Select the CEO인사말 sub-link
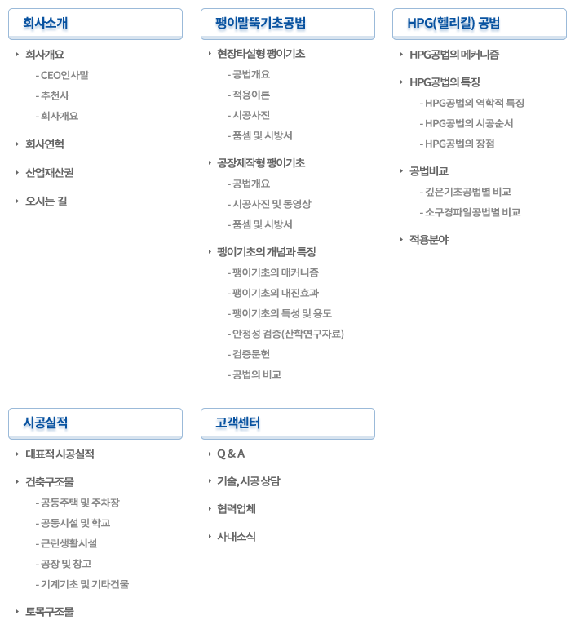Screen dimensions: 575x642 pyautogui.click(x=64, y=75)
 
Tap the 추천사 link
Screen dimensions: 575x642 pyautogui.click(x=55, y=95)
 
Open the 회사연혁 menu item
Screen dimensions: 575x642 pyautogui.click(x=45, y=144)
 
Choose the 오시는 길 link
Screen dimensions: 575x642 pyautogui.click(x=46, y=201)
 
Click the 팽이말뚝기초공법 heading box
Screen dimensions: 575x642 pyautogui.click(x=288, y=24)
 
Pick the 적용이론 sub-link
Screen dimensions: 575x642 pyautogui.click(x=251, y=95)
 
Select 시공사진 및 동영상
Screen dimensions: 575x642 pyautogui.click(x=272, y=204)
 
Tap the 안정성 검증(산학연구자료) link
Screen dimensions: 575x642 pyautogui.click(x=288, y=334)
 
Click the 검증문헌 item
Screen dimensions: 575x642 pyautogui.click(x=251, y=354)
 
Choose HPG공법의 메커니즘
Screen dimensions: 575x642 pyautogui.click(x=454, y=55)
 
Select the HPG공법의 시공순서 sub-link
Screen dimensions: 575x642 pyautogui.click(x=469, y=123)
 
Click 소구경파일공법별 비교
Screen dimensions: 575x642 pyautogui.click(x=473, y=212)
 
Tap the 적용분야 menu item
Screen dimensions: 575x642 pyautogui.click(x=429, y=240)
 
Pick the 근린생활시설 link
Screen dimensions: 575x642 pyautogui.click(x=69, y=543)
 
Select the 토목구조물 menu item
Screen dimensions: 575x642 pyautogui.click(x=50, y=612)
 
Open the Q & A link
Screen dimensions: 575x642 pyautogui.click(x=231, y=454)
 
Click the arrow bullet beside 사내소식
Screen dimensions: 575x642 pyautogui.click(x=210, y=537)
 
